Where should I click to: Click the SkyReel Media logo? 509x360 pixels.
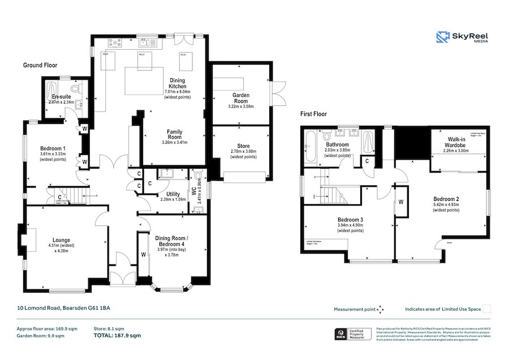[x=462, y=37]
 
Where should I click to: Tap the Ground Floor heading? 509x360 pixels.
[x=40, y=66]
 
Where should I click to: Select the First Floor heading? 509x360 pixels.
[x=314, y=114]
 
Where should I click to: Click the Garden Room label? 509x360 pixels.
[x=240, y=98]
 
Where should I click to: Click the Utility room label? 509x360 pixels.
[x=172, y=194]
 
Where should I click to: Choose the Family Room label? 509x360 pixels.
[x=174, y=134]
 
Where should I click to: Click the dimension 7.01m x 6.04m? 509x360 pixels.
[x=178, y=91]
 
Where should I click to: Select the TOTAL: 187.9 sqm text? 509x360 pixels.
[x=117, y=336]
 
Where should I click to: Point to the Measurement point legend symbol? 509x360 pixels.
[x=381, y=309]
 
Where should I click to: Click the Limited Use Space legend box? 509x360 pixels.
[x=486, y=309]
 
